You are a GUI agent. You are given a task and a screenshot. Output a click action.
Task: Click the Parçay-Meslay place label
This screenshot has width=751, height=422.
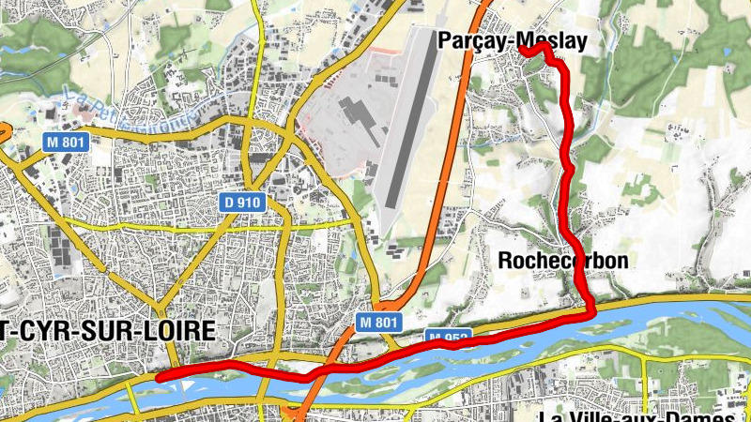[x=512, y=40]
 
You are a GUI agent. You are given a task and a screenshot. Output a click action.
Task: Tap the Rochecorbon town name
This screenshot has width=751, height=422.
[x=562, y=260]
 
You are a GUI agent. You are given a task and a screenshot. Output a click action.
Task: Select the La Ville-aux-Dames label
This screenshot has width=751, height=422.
[x=644, y=415]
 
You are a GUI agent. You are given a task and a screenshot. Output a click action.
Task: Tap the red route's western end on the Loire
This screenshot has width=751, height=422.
[x=160, y=376]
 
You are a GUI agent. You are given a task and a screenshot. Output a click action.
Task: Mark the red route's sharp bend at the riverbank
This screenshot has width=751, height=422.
[x=590, y=313]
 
